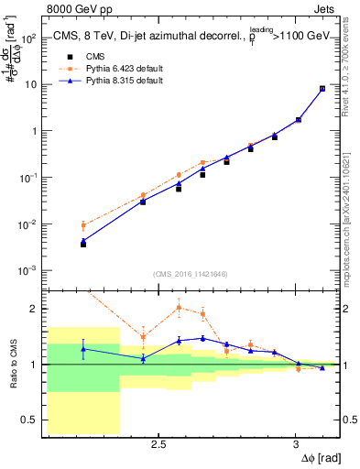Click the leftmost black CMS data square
click(x=83, y=245)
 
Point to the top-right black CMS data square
click(x=322, y=89)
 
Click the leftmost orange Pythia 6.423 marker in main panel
click(x=83, y=225)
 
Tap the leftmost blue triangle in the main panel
click(x=83, y=241)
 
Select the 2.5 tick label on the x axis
click(x=158, y=445)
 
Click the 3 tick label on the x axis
click(x=295, y=445)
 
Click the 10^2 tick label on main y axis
click(x=29, y=38)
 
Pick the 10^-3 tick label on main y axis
click(x=29, y=271)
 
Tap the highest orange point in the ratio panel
click(x=179, y=308)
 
